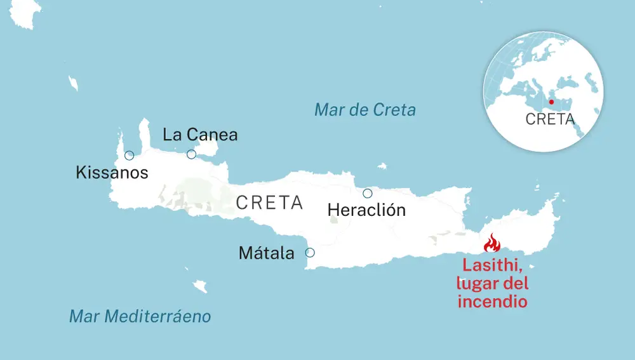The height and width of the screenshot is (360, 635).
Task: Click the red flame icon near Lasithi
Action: coord(492,243)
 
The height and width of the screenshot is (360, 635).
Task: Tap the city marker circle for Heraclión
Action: coord(367,194)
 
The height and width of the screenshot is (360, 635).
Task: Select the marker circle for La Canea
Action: coord(191,154)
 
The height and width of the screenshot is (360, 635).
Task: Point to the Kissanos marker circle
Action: coord(130,156)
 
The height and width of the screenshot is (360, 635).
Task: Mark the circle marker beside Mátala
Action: coord(310,252)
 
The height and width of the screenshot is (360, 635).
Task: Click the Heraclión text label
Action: coord(366,210)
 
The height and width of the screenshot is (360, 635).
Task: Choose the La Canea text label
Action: coord(200,135)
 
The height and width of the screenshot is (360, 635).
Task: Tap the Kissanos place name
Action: coord(112,172)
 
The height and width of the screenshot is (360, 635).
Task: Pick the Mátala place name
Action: coord(267,253)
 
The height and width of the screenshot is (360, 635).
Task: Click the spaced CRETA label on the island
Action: coord(269,203)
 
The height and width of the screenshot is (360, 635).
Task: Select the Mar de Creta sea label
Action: coord(365,110)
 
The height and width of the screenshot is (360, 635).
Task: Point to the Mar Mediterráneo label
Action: coord(140,316)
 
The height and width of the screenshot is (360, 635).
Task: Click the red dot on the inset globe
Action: coord(551,102)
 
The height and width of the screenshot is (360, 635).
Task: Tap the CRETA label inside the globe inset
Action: coord(550,119)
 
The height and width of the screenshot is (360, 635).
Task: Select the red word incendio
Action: coord(492,301)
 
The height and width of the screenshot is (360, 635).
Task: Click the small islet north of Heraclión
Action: coord(382,166)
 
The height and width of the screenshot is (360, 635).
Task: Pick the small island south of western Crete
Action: coord(201,287)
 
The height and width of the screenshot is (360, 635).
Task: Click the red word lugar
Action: coord(477,284)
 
